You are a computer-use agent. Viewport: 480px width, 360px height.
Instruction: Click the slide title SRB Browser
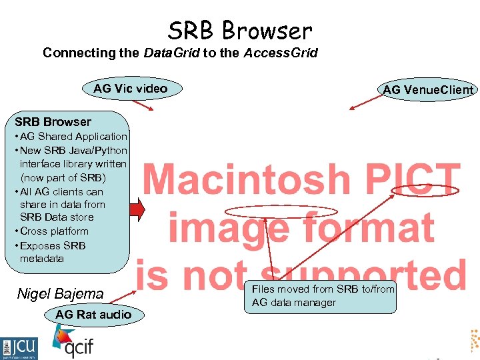tap(240, 31)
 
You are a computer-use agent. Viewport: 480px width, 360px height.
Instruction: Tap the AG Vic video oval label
tap(131, 89)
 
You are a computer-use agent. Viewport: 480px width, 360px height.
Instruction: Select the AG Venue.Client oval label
tap(428, 90)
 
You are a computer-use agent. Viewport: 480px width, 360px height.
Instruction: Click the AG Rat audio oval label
tap(93, 314)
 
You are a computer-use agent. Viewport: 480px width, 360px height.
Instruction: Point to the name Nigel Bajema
tap(61, 293)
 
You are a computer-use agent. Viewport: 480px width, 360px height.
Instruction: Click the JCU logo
tap(19, 347)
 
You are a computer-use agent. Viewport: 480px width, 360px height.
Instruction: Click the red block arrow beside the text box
tap(137, 209)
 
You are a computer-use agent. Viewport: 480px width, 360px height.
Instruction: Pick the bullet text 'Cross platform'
tap(55, 231)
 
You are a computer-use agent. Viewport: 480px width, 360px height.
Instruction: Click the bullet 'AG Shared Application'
tap(73, 137)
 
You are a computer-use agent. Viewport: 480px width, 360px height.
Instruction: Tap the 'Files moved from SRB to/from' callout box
tap(323, 296)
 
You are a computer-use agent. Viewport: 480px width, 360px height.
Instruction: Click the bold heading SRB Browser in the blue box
tap(53, 122)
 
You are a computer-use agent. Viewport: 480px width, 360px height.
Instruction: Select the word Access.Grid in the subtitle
tap(279, 53)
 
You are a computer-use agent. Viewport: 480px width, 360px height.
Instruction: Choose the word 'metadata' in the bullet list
tap(42, 259)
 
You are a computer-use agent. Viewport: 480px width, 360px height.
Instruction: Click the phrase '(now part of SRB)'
tap(63, 178)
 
